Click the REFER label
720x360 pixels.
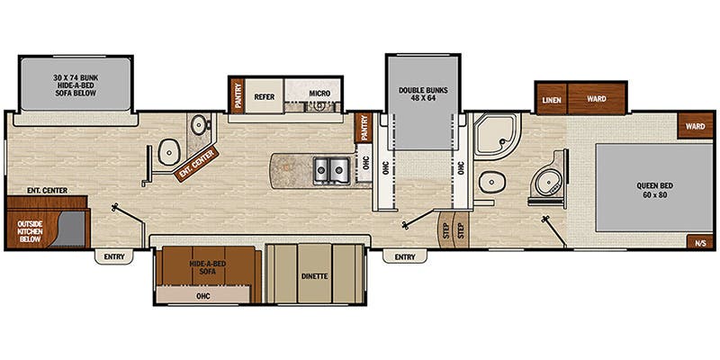tap(265, 94)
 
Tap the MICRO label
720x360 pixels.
tap(320, 94)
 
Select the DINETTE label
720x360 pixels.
tap(314, 275)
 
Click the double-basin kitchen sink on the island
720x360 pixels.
tap(329, 168)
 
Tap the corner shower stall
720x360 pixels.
tap(492, 136)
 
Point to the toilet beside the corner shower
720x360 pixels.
tap(492, 183)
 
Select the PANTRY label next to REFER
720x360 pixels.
tap(238, 94)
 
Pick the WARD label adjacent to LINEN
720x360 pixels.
tap(596, 97)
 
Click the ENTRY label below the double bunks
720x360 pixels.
tap(404, 257)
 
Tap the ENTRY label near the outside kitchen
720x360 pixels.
tap(114, 257)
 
